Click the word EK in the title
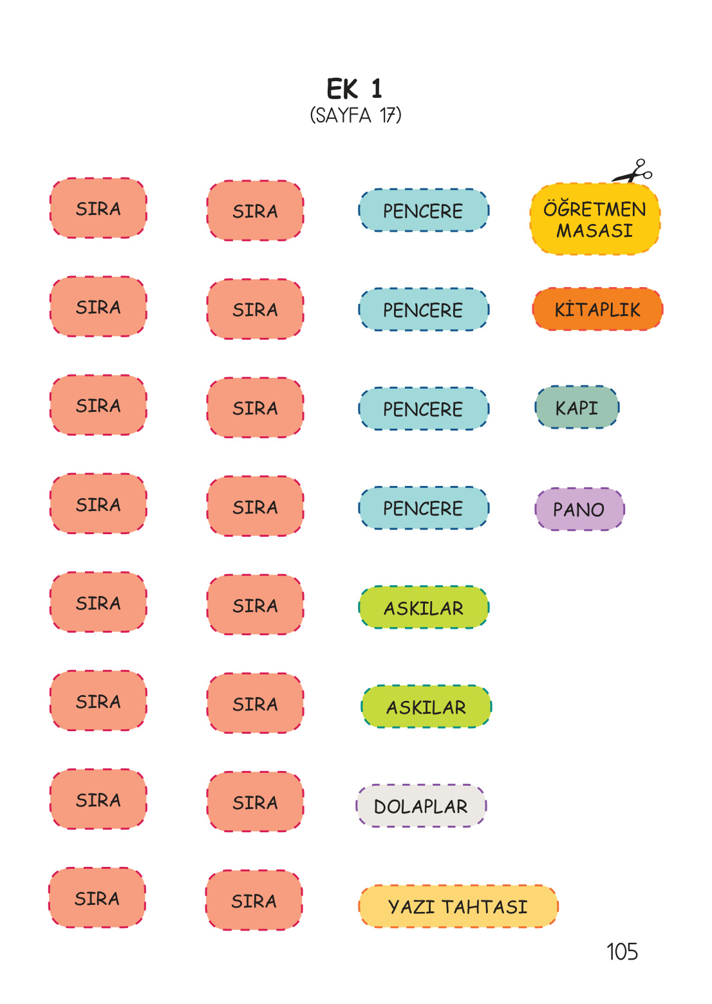[342, 89]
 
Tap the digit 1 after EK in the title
[377, 89]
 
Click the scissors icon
[633, 172]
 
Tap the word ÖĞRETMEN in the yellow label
[595, 209]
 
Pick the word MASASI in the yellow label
[595, 230]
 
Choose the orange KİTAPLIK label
[597, 310]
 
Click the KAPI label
[577, 408]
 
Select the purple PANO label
[579, 510]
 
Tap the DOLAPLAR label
[421, 806]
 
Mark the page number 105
[622, 952]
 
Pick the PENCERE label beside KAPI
[423, 409]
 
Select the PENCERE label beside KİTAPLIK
[423, 310]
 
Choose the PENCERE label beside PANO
[423, 508]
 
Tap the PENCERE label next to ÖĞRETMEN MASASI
[423, 211]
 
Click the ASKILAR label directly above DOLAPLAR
[426, 707]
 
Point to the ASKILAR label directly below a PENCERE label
[424, 608]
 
